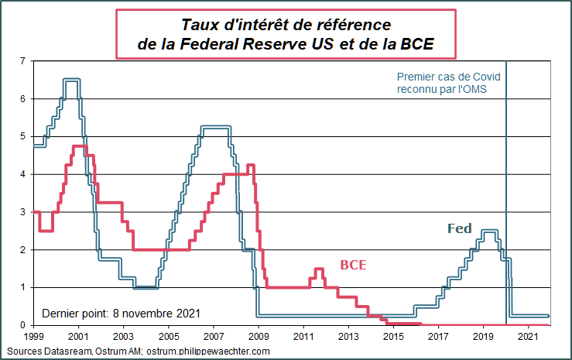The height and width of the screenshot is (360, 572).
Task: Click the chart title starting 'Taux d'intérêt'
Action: tap(285, 36)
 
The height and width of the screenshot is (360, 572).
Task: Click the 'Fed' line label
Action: tap(460, 228)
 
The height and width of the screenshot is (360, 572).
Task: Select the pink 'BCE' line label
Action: tap(353, 265)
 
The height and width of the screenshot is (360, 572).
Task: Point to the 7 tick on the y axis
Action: tap(22, 61)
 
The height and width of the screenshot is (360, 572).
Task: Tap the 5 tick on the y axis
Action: tap(22, 137)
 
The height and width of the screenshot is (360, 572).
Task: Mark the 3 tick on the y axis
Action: tap(22, 212)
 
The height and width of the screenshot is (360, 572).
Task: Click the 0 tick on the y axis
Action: tap(22, 325)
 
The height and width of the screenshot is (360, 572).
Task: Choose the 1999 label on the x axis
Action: tap(34, 338)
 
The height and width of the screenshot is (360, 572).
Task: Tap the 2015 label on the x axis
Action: tap(393, 338)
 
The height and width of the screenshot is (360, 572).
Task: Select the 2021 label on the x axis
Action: tap(528, 338)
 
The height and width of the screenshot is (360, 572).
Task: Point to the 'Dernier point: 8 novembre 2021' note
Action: tap(121, 314)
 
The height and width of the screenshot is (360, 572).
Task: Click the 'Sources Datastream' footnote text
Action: tap(140, 351)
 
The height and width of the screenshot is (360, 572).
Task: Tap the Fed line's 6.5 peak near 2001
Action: tap(72, 80)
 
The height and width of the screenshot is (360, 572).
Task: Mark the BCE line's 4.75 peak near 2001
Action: tap(79, 146)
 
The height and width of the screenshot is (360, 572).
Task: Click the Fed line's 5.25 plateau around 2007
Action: tap(215, 127)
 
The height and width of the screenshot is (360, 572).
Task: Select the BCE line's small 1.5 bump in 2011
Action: tap(318, 269)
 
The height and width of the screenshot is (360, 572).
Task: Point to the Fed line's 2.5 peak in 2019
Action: tap(489, 231)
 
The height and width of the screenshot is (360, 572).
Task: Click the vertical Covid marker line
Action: tap(506, 194)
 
